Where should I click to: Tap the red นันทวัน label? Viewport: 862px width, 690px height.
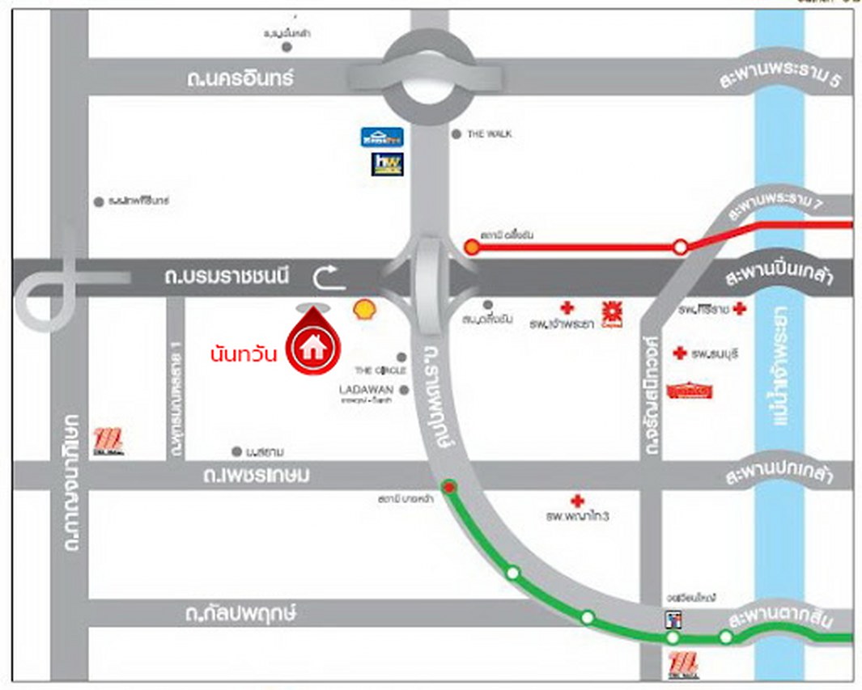(244, 353)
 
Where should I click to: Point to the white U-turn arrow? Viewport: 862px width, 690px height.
(329, 277)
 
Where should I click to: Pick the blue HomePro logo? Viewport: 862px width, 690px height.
(382, 137)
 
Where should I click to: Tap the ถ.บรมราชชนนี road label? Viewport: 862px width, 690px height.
(226, 278)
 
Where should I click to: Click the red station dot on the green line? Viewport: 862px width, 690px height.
(449, 486)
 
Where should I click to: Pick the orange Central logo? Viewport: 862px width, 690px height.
(610, 311)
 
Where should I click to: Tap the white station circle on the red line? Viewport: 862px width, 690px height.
(682, 247)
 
